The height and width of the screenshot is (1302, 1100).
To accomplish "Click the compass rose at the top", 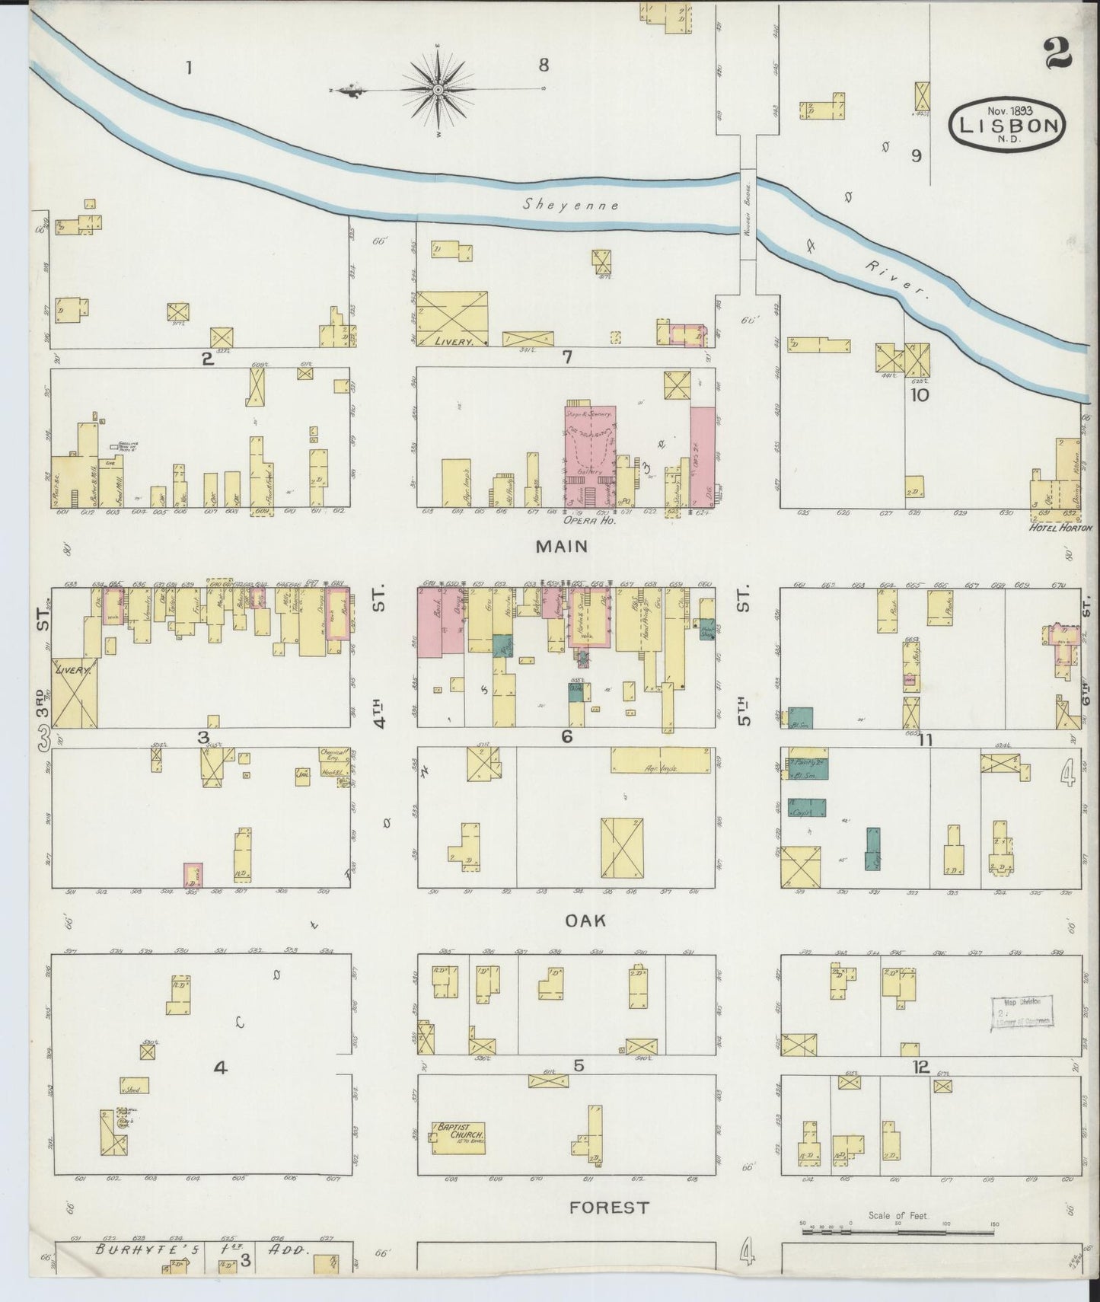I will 438,91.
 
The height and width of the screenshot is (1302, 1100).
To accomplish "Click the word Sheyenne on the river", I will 571,205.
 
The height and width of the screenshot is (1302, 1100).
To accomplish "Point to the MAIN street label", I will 561,546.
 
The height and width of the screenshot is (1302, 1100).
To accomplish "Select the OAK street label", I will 585,921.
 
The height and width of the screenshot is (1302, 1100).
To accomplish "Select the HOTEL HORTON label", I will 1060,528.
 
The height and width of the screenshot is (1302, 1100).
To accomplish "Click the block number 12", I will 921,1067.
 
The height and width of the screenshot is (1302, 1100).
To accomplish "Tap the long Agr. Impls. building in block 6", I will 659,760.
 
